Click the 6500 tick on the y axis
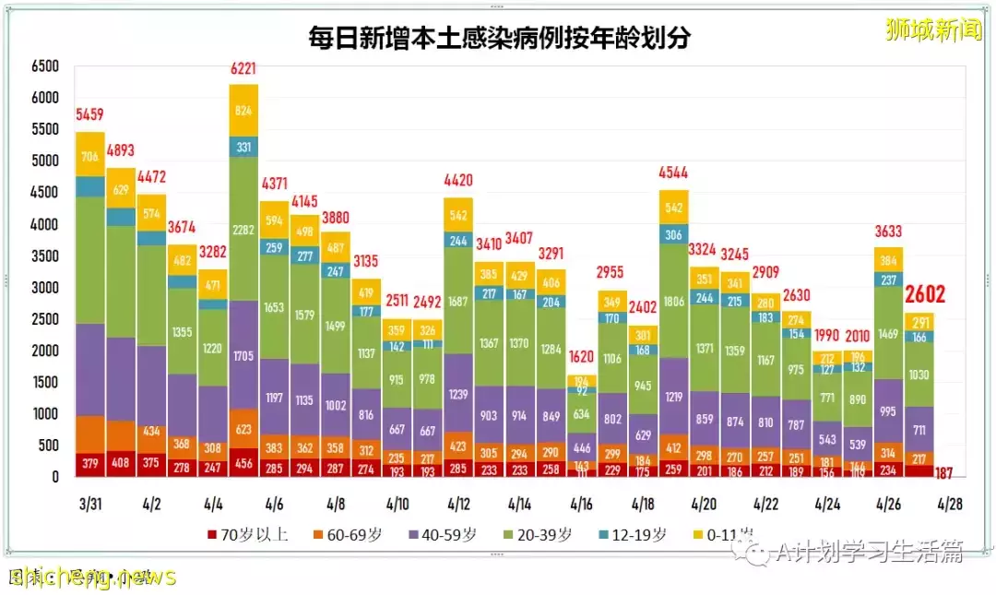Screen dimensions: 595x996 coord(43,66)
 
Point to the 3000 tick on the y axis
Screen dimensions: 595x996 coord(43,288)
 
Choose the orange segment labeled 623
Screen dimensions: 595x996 coord(243,429)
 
